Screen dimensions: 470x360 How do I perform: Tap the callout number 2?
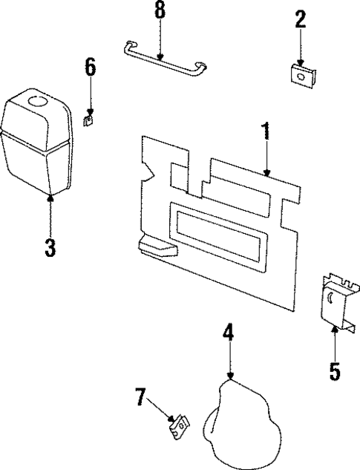[300, 20]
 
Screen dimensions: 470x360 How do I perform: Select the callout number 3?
[50, 248]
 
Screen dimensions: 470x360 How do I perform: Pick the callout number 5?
[335, 369]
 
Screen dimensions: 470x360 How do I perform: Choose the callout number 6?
[90, 68]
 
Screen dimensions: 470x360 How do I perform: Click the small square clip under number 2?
[301, 74]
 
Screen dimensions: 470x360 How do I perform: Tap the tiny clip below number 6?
[88, 117]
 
